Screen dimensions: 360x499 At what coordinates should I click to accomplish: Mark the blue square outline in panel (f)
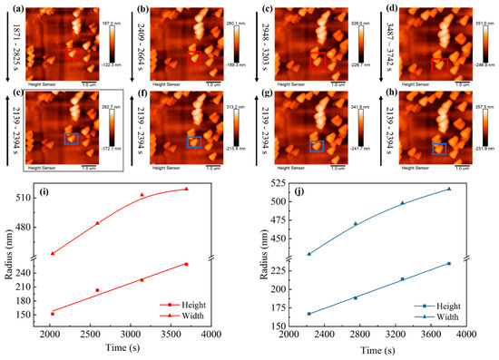[193, 142]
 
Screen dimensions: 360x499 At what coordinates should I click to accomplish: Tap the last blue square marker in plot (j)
[448, 264]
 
